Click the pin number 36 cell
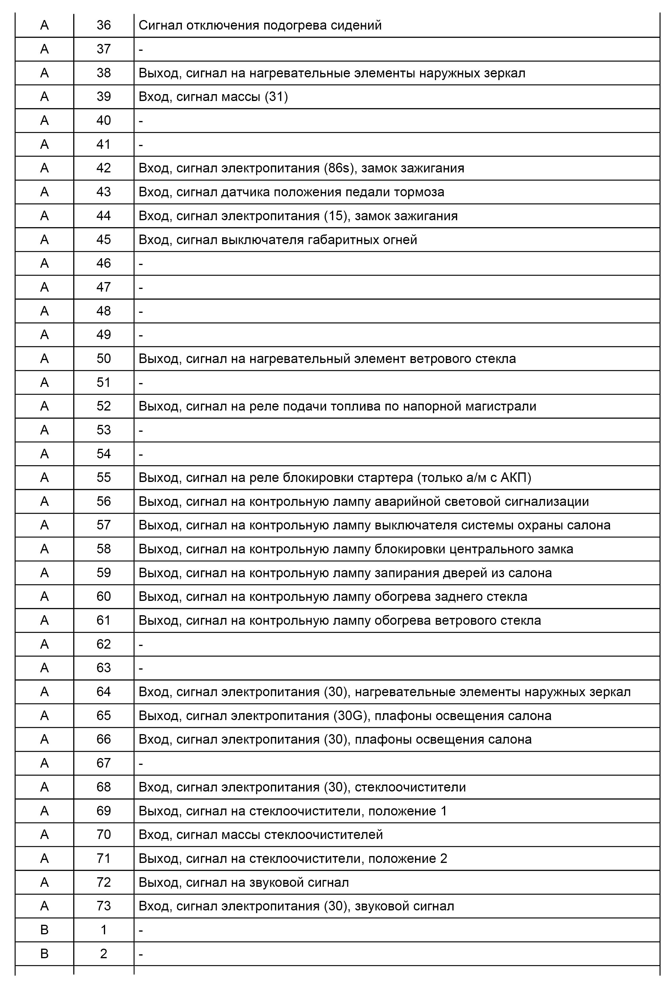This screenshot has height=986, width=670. point(104,25)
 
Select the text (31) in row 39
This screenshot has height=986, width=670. point(276,97)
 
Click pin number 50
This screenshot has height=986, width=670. point(104,359)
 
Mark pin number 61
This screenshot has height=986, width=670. point(104,621)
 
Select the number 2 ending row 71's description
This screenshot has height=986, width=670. point(444,859)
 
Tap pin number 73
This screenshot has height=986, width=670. point(104,906)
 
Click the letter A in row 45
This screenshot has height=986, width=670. point(44,240)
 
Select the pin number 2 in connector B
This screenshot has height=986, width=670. point(104,954)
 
